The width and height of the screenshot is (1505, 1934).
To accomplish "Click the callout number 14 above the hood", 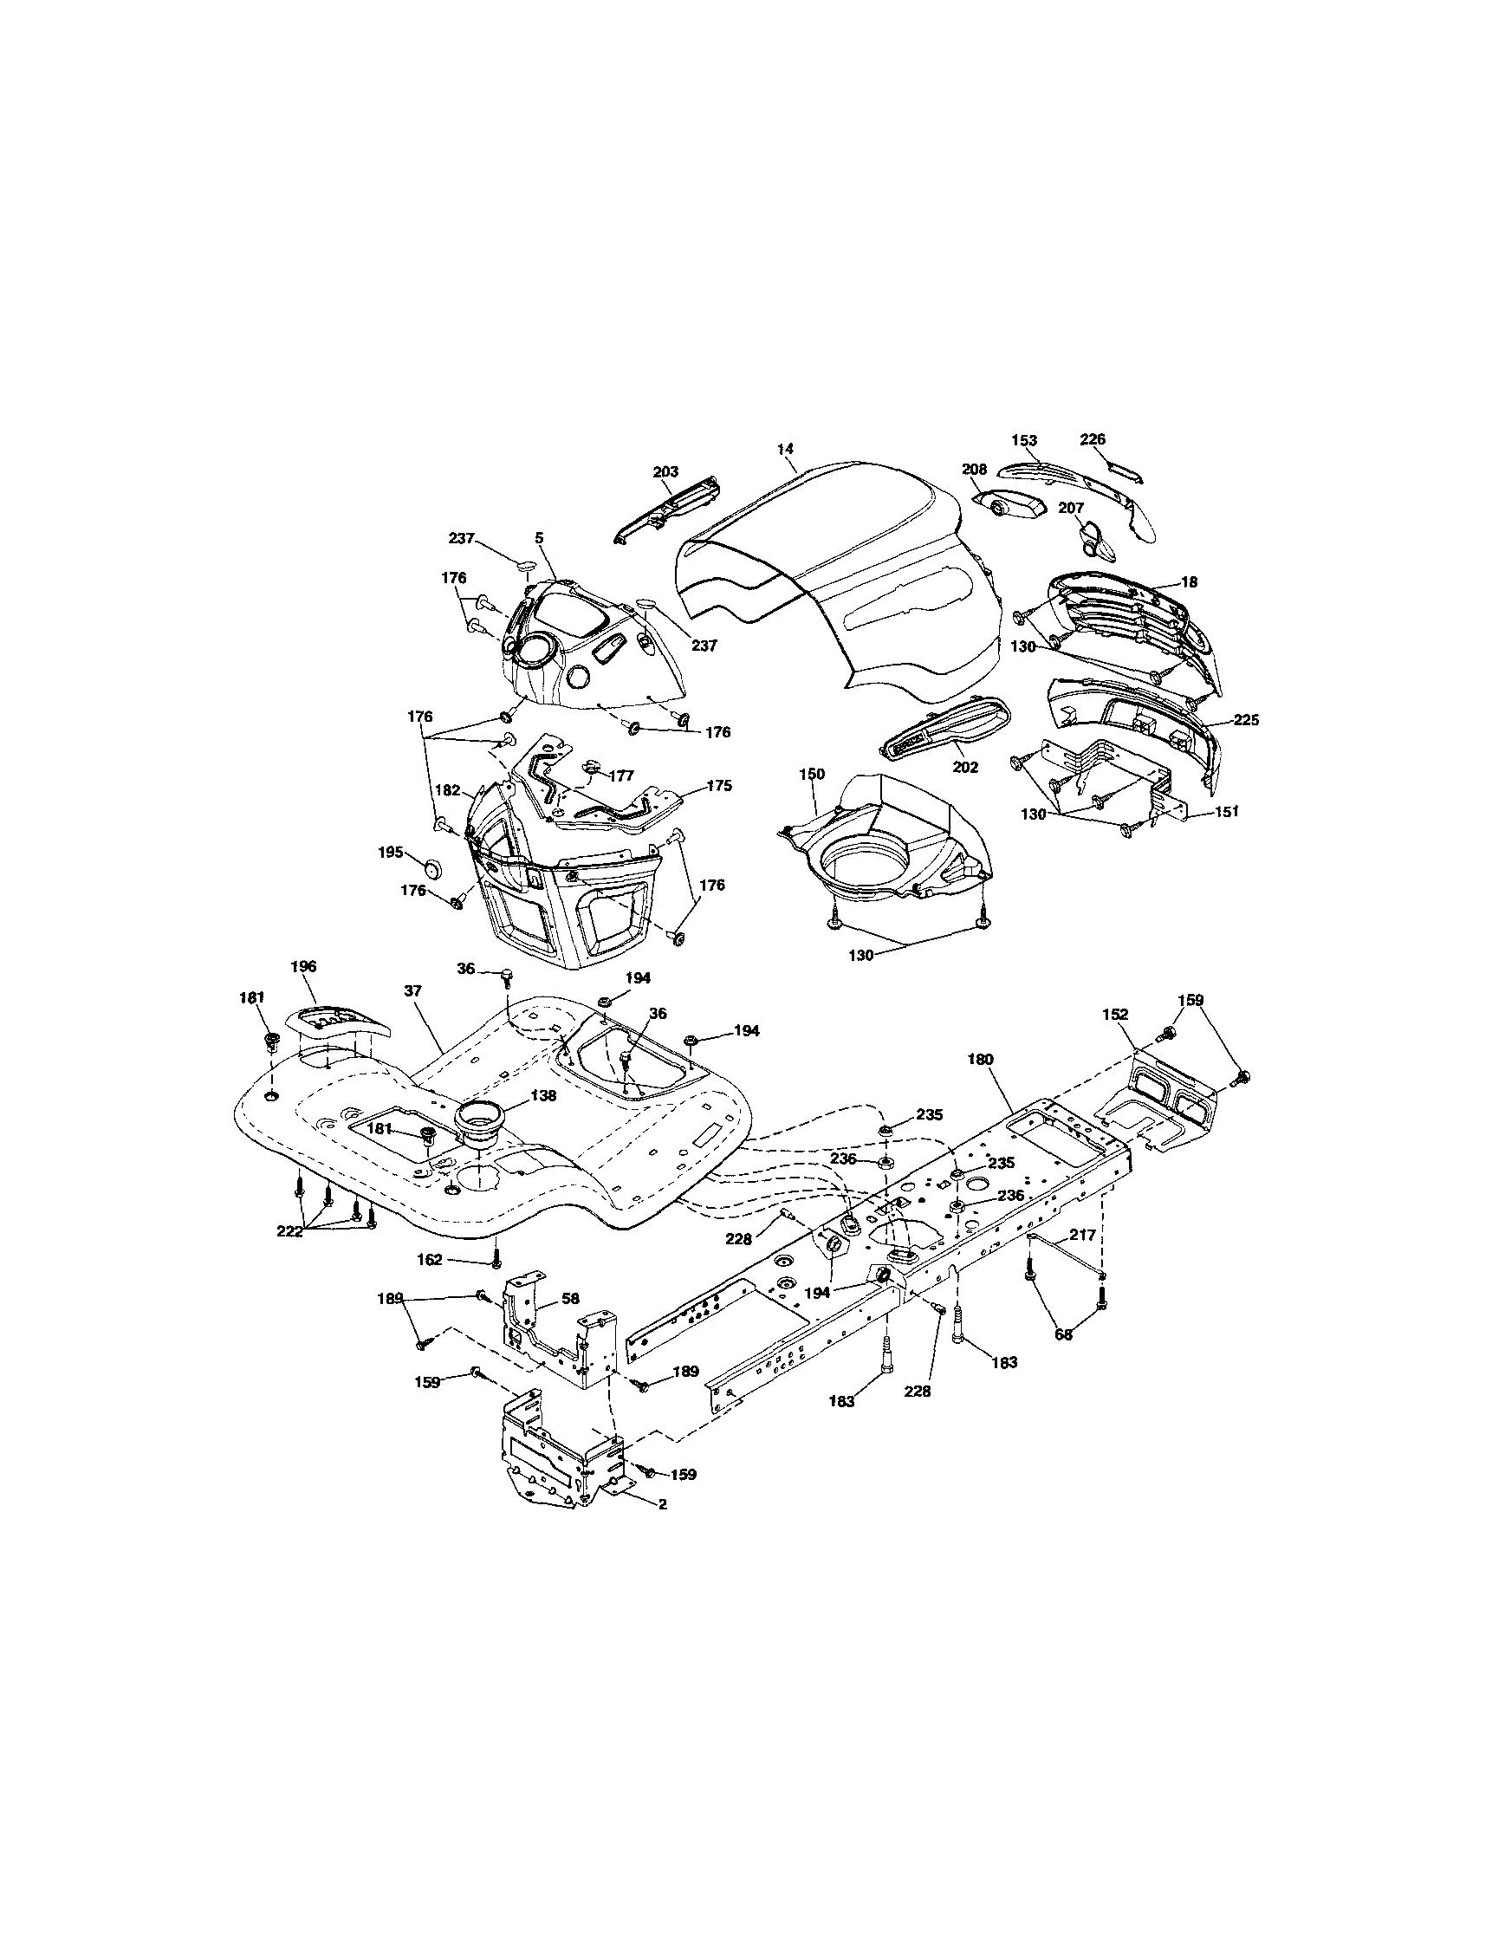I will click(x=785, y=449).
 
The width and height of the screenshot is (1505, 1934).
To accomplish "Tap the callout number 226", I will click(x=1093, y=439).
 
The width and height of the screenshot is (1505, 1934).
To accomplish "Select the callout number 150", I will click(x=812, y=775).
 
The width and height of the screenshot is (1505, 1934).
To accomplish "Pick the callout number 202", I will click(x=965, y=768).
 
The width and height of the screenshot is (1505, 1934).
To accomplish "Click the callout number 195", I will click(x=391, y=852).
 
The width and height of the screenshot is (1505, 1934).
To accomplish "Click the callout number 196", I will click(x=302, y=967).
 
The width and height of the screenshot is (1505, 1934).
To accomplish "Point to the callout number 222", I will click(x=290, y=1231).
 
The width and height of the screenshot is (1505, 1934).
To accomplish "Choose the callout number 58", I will click(x=571, y=1298).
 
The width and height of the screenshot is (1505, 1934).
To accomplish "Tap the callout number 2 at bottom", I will click(x=662, y=1504).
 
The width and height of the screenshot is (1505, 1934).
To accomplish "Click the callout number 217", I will click(x=1082, y=1234).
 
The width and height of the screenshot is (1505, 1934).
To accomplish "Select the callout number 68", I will click(x=1063, y=1334).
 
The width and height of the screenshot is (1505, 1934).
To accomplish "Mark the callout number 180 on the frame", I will click(x=981, y=1058).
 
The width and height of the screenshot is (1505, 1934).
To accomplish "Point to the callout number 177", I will click(x=621, y=776).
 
